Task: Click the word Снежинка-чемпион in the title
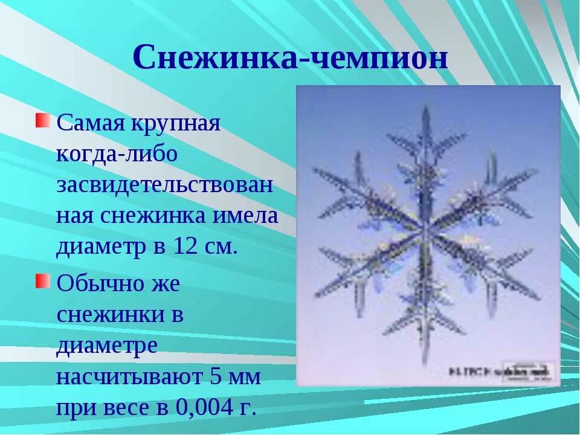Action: pos(290,59)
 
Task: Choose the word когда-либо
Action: pos(117,154)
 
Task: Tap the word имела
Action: pos(248,216)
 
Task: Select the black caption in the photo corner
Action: pos(501,370)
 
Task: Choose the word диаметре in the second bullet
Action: pos(108,346)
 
